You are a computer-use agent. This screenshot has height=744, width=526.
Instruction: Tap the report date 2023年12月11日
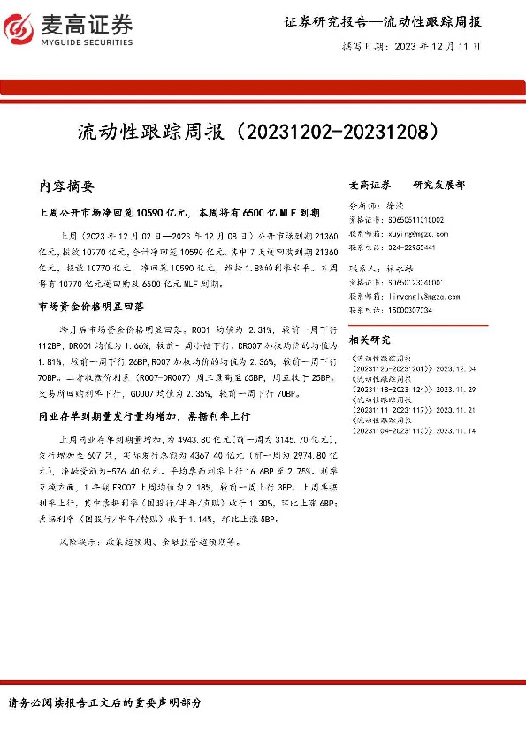pos(437,46)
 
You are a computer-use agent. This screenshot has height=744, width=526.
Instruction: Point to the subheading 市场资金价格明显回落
pos(91,307)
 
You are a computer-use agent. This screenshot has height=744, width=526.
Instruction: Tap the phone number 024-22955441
pos(412,249)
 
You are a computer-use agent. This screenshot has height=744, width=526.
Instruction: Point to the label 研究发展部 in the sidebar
pos(438,186)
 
